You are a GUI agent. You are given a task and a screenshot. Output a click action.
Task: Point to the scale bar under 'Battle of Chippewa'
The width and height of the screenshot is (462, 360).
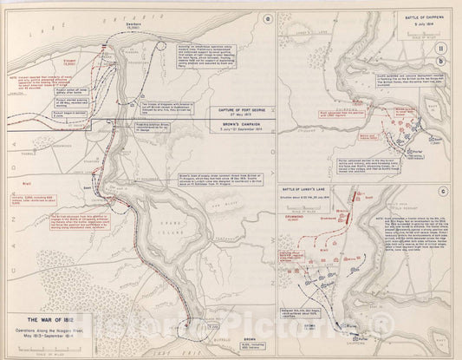408,36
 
